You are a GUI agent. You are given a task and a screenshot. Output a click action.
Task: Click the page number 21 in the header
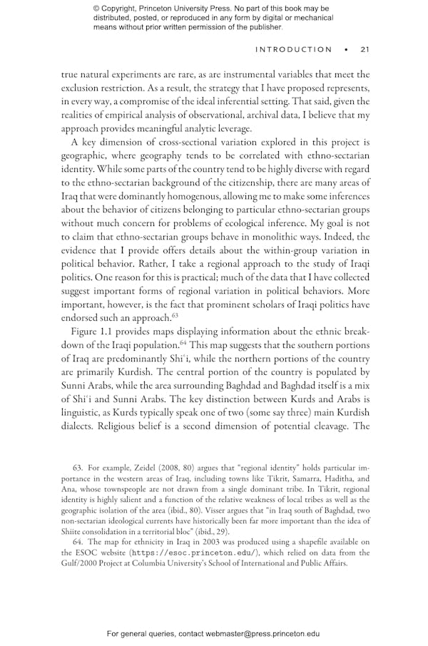click(364, 50)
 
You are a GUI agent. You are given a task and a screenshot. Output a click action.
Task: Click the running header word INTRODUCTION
click(293, 50)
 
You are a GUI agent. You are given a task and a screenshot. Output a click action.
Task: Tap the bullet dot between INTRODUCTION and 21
click(346, 50)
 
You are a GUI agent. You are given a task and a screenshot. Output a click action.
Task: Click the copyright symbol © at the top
click(96, 9)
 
